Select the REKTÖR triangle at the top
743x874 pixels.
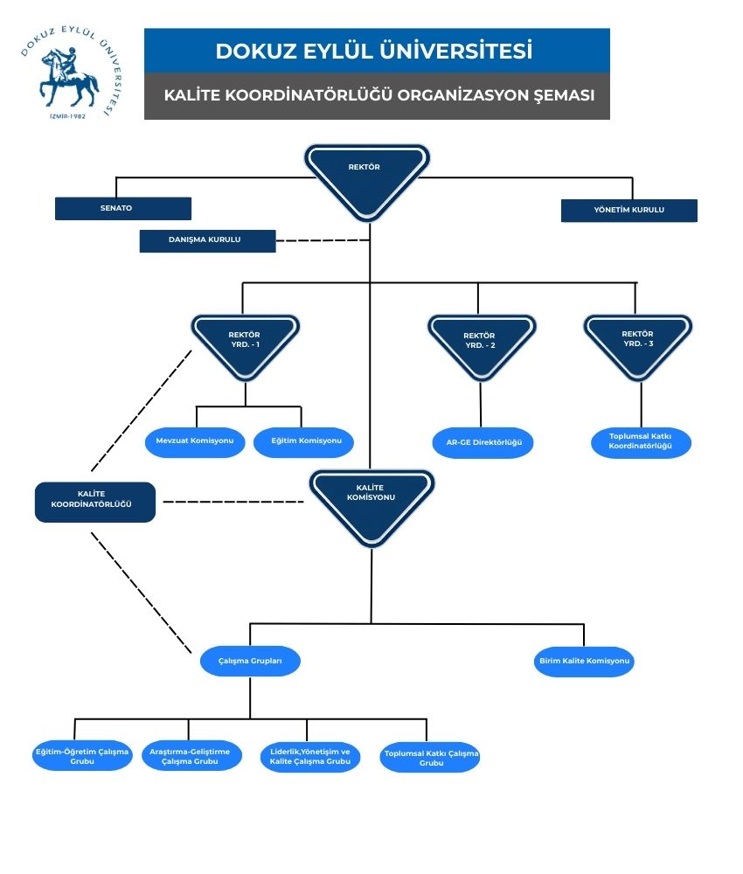(367, 175)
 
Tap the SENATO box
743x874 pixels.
(122, 209)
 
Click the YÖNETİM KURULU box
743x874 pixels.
(628, 211)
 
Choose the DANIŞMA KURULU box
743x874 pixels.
(207, 240)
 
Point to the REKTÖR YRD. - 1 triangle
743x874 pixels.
(245, 343)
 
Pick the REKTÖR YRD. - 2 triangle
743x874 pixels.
(480, 344)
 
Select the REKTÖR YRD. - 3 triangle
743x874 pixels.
(637, 343)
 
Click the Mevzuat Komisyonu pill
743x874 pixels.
(195, 442)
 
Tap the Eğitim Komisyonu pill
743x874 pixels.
(303, 442)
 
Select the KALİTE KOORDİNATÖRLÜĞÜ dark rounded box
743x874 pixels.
(95, 503)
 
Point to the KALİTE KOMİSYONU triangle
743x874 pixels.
(371, 503)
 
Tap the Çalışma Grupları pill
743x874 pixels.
(250, 662)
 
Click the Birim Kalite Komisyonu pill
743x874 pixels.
(584, 662)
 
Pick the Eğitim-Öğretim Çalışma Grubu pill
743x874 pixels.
(82, 756)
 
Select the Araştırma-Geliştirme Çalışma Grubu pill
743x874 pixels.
(191, 756)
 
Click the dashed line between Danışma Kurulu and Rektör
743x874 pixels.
(323, 240)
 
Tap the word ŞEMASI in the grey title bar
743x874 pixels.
(564, 95)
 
